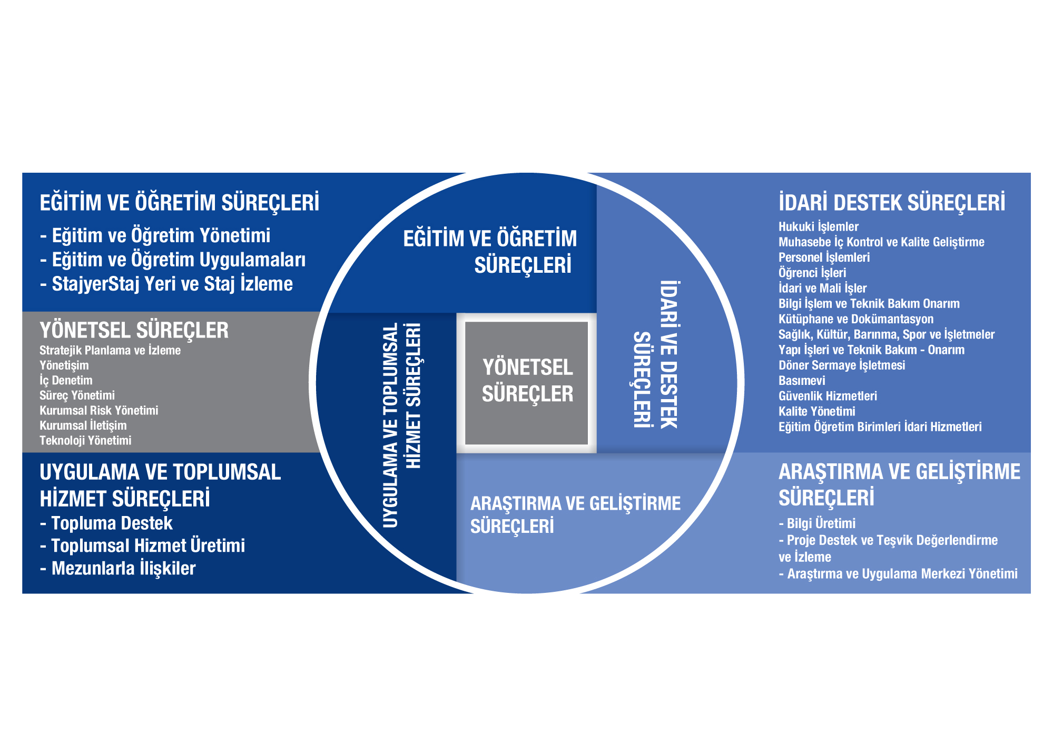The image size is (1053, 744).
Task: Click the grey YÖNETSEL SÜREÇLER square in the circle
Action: click(x=527, y=382)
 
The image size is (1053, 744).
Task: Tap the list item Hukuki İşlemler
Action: click(x=818, y=227)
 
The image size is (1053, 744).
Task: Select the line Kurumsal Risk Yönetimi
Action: click(x=99, y=411)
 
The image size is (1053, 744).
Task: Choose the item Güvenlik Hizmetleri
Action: click(x=828, y=396)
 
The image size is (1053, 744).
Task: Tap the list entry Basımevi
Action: click(x=802, y=381)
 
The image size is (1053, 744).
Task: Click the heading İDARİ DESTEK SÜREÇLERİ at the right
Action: click(x=891, y=203)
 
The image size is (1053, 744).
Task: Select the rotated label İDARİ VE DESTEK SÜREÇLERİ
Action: click(x=656, y=354)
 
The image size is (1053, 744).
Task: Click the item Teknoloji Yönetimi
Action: click(x=85, y=441)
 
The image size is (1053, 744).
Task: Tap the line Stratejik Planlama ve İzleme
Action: click(x=110, y=351)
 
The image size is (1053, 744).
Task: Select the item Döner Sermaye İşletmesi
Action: click(x=841, y=365)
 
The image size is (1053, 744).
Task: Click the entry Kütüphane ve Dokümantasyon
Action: click(x=855, y=319)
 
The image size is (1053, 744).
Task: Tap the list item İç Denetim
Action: click(x=66, y=381)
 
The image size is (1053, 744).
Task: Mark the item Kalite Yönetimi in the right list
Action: click(x=816, y=411)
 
